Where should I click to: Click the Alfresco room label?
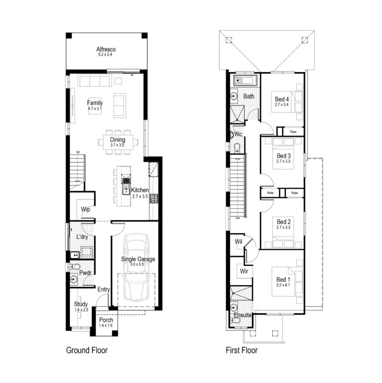click(106, 49)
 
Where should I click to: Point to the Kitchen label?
click(140, 190)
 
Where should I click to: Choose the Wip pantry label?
click(86, 210)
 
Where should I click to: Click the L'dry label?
click(81, 237)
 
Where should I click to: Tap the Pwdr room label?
click(86, 273)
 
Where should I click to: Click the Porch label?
click(105, 320)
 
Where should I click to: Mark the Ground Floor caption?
click(87, 350)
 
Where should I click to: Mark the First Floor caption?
click(242, 350)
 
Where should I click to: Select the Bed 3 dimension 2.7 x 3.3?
click(284, 162)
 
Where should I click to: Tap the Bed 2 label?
click(284, 222)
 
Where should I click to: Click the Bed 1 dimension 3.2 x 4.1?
click(283, 285)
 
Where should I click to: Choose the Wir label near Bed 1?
click(244, 271)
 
